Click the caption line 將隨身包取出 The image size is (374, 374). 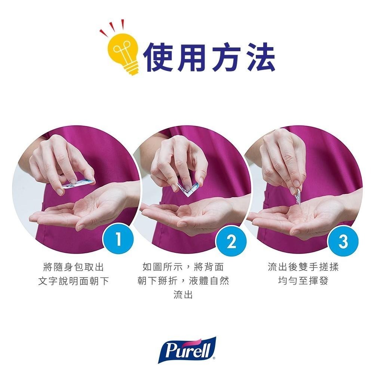(x=74, y=267)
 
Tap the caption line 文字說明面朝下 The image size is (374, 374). (x=74, y=280)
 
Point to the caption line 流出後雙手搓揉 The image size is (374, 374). (x=303, y=267)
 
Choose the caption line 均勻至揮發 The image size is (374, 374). (x=303, y=280)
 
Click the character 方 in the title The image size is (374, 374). (x=226, y=57)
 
